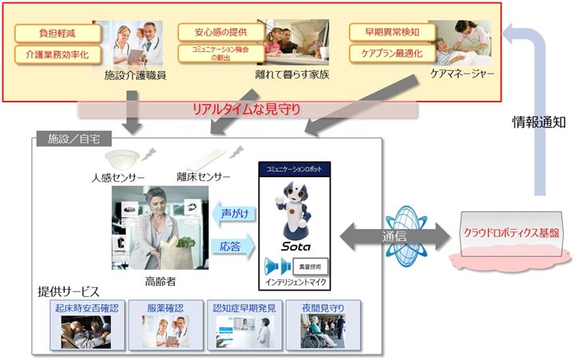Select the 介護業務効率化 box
tap(58, 54)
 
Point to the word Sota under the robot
tap(295, 247)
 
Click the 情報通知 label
tap(539, 123)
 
